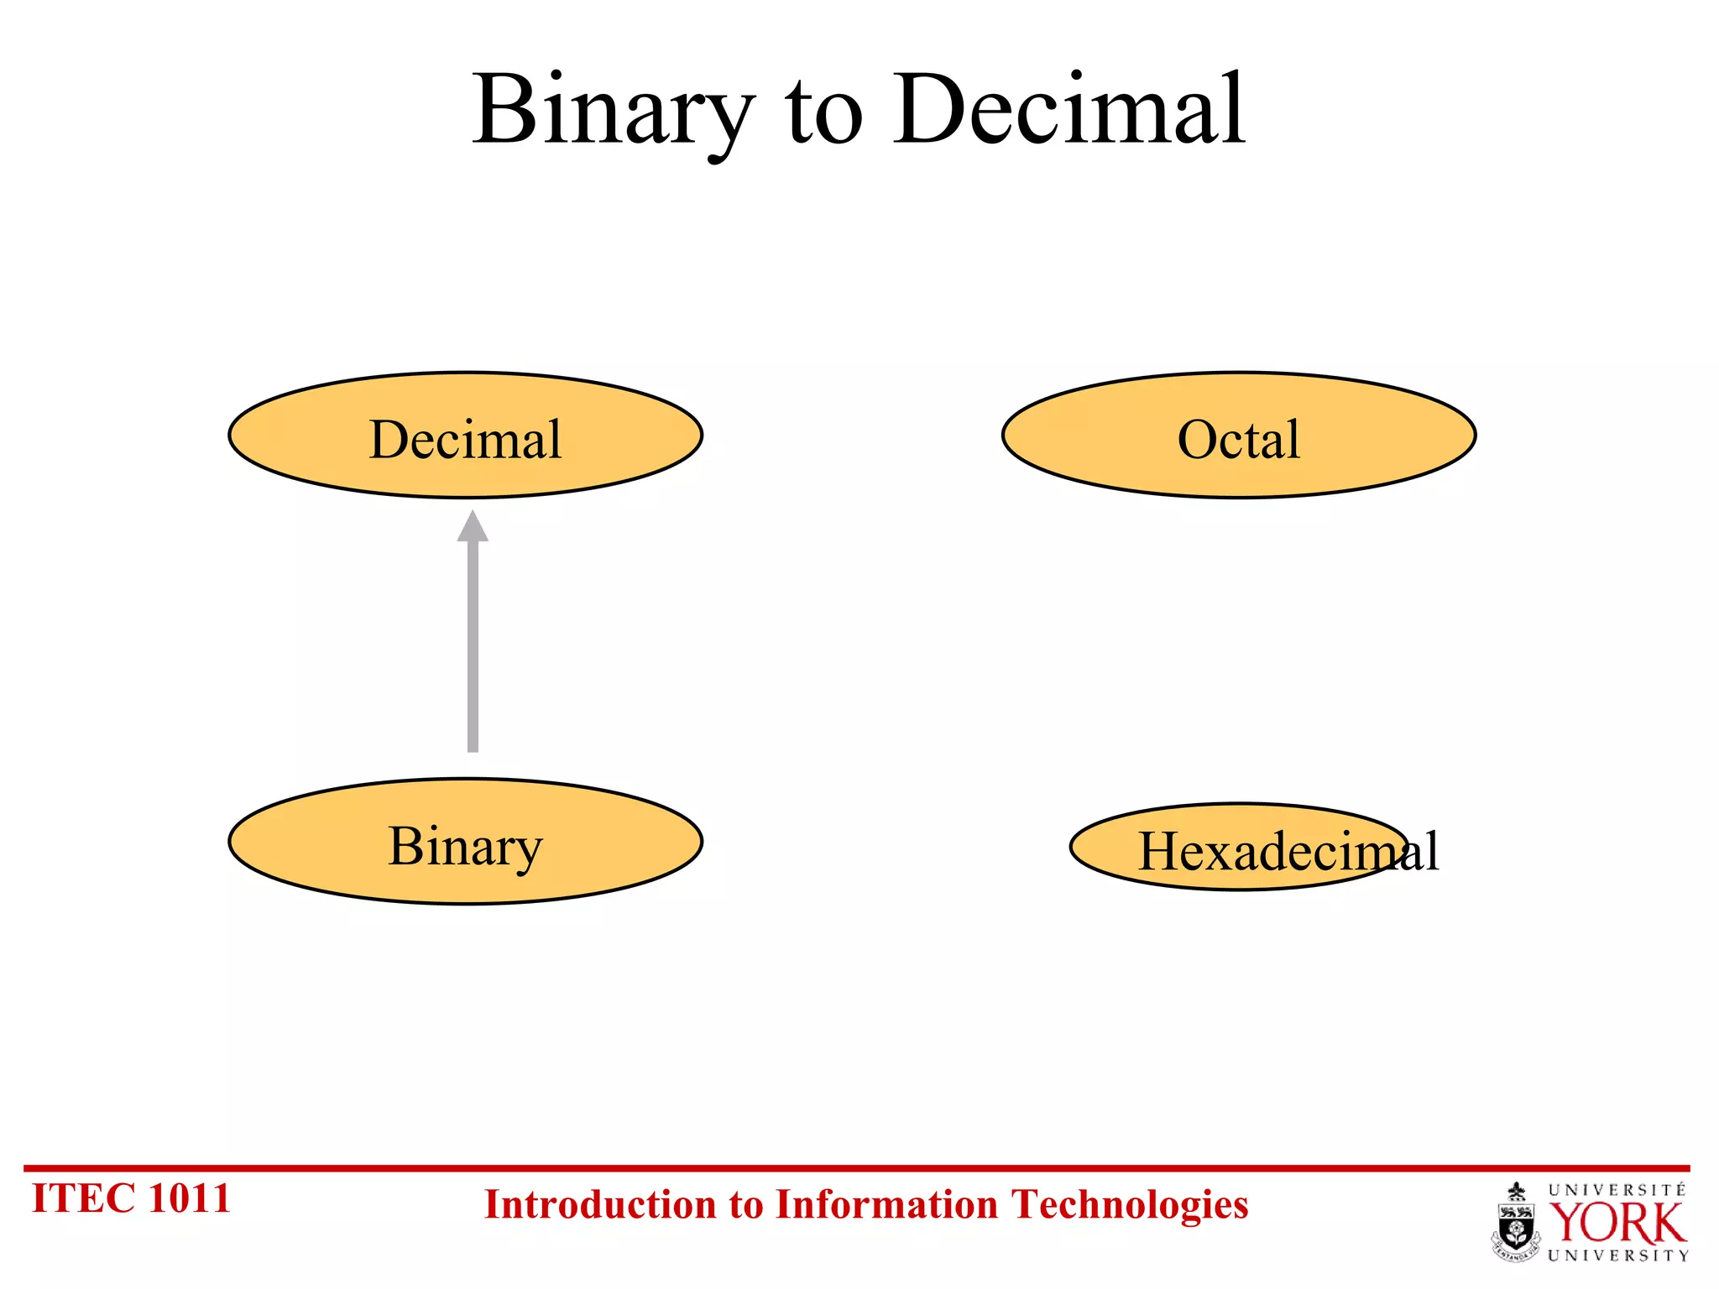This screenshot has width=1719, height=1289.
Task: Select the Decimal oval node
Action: coord(465,436)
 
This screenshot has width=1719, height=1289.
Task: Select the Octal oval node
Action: coord(1238,436)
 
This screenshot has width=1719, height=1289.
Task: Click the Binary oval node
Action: coord(465,842)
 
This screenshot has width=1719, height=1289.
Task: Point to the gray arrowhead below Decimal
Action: coord(473,527)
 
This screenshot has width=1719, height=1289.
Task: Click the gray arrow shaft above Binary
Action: coord(473,646)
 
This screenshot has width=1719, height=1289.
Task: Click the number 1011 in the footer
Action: coord(189,1198)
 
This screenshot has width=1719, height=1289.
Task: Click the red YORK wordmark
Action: coord(1617,1224)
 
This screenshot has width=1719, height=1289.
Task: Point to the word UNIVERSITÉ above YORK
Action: coord(1617,1190)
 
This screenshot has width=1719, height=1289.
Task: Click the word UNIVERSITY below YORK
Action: coord(1617,1256)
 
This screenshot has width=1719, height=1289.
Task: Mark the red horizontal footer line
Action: coord(856,1167)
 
